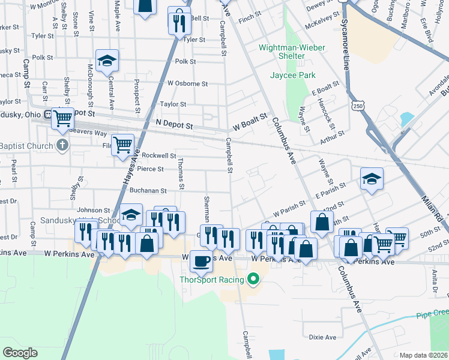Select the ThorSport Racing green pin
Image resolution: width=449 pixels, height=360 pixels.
pos(253,279)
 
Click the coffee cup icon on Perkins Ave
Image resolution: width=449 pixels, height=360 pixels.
pos(200,261)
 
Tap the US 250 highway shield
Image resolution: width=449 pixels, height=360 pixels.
pos(357,106)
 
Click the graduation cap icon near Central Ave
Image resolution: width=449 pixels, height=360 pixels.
pos(107,61)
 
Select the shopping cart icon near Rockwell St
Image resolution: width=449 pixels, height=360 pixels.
pos(122,144)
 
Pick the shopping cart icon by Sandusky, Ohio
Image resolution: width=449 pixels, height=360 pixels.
pos(62,118)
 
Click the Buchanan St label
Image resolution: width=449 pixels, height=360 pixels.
pos(148,191)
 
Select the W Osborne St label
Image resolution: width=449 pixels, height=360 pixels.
pos(187,83)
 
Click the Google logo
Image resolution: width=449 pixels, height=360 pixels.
pos(20,352)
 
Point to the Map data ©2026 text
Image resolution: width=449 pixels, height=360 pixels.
pos(423,355)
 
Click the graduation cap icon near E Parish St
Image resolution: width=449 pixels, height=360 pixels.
pos(372,178)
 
